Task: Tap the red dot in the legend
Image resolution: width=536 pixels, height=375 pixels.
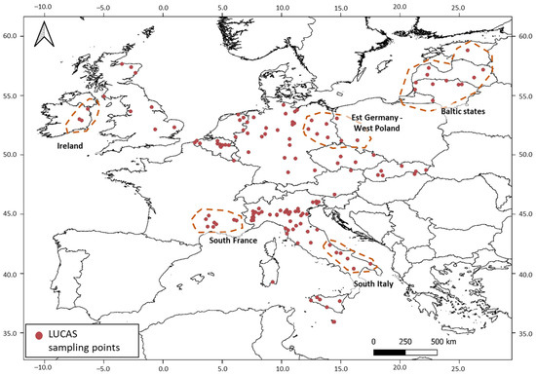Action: click(x=40, y=335)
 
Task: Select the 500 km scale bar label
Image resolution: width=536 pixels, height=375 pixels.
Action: click(x=443, y=343)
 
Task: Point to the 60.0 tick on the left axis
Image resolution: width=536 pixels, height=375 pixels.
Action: click(x=12, y=35)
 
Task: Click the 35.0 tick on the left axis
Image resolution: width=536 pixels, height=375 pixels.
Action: click(x=12, y=333)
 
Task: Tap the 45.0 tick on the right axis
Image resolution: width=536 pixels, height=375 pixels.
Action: click(x=525, y=214)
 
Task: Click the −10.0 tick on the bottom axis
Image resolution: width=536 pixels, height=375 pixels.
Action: click(x=42, y=369)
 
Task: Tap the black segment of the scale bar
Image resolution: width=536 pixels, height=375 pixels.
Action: click(x=390, y=353)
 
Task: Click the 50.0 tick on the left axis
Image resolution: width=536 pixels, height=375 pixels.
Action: click(x=12, y=154)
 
